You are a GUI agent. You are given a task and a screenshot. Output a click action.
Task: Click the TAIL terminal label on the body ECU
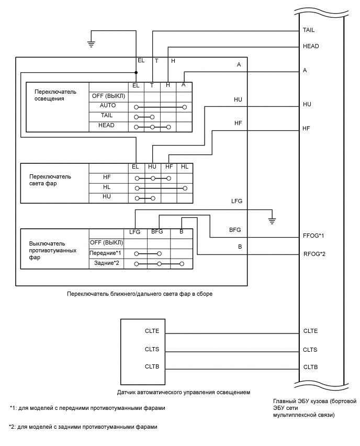pyautogui.click(x=309, y=30)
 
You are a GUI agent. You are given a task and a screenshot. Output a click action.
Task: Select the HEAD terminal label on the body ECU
pyautogui.click(x=310, y=47)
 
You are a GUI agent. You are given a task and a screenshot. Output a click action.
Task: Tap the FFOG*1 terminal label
pyautogui.click(x=314, y=236)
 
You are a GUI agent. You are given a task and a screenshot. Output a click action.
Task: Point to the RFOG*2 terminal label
pyautogui.click(x=314, y=254)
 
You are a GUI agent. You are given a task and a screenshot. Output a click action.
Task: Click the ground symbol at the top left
pyautogui.click(x=91, y=44)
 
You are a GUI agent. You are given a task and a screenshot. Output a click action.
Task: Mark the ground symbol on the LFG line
pyautogui.click(x=272, y=219)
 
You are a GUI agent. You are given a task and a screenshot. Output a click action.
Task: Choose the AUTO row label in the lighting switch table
pyautogui.click(x=107, y=106)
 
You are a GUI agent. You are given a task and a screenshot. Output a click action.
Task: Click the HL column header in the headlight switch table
pyautogui.click(x=184, y=167)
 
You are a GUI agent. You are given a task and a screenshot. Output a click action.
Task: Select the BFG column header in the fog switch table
pyautogui.click(x=157, y=231)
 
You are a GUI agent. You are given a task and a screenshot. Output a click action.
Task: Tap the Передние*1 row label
pyautogui.click(x=106, y=253)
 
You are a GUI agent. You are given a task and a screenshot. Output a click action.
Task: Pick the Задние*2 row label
pyautogui.click(x=107, y=263)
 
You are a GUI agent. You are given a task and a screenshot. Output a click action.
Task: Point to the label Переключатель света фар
pyautogui.click(x=50, y=180)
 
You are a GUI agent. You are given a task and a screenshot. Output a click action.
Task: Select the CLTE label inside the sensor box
pyautogui.click(x=152, y=331)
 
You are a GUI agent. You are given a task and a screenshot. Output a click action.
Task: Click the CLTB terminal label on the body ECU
pyautogui.click(x=310, y=367)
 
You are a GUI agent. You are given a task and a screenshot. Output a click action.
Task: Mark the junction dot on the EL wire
pyautogui.click(x=136, y=73)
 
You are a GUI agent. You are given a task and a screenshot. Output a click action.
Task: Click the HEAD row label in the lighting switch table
pyautogui.click(x=107, y=126)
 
